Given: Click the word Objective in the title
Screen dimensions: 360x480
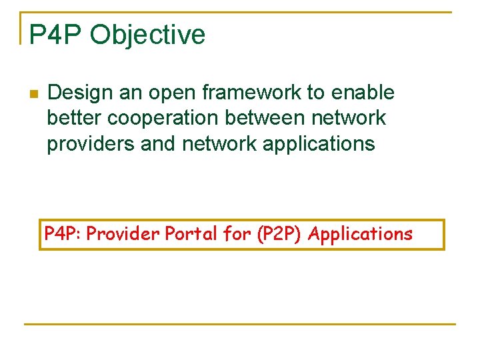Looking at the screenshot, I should point(148,35).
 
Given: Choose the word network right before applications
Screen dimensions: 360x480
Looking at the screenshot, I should point(217,143).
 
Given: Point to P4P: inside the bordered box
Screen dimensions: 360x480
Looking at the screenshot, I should point(63,234).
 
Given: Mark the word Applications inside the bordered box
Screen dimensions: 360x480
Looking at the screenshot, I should point(361,234).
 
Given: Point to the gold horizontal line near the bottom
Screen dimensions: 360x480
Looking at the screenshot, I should point(240,325).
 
